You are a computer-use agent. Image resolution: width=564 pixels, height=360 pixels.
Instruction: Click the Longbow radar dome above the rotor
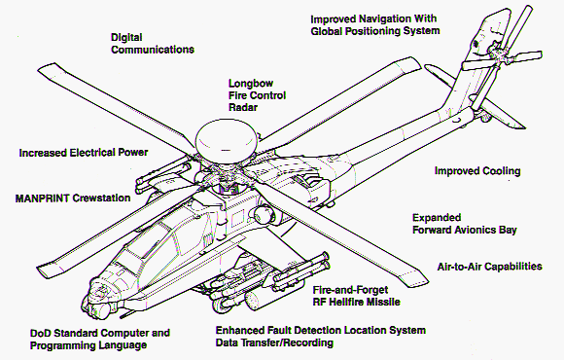(227, 141)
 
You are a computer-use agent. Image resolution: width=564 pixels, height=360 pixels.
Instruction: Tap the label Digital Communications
(153, 43)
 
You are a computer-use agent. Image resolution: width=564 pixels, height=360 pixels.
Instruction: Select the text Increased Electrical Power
(84, 153)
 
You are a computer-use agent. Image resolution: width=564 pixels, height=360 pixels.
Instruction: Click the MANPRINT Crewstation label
(73, 198)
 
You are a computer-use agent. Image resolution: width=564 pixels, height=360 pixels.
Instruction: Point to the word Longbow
(251, 84)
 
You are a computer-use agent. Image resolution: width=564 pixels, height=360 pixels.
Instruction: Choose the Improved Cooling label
(477, 170)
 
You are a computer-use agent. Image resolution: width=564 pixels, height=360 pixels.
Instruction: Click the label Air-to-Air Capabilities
(489, 267)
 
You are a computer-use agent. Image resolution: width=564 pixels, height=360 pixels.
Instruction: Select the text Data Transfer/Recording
(274, 342)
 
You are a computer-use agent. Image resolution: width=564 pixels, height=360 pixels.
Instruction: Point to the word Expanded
(437, 218)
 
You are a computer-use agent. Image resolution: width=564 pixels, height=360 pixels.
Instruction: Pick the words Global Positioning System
(375, 31)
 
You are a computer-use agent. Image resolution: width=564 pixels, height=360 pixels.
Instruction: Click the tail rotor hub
(495, 54)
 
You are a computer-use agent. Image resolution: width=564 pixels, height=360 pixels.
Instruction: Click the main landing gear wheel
(220, 305)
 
